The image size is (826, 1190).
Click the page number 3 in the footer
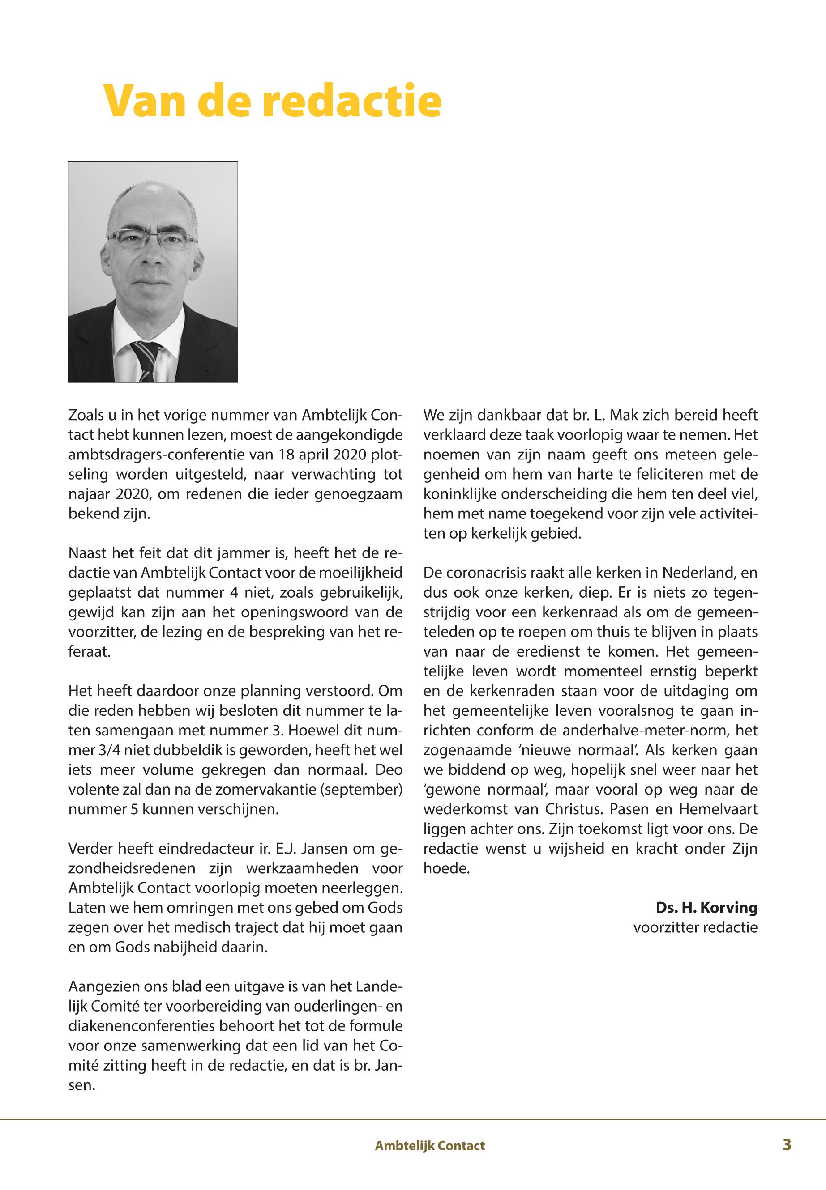[787, 1144]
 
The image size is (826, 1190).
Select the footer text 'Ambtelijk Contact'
[429, 1146]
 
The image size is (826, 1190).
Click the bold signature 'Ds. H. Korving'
[706, 908]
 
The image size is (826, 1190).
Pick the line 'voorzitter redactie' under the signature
[695, 927]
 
